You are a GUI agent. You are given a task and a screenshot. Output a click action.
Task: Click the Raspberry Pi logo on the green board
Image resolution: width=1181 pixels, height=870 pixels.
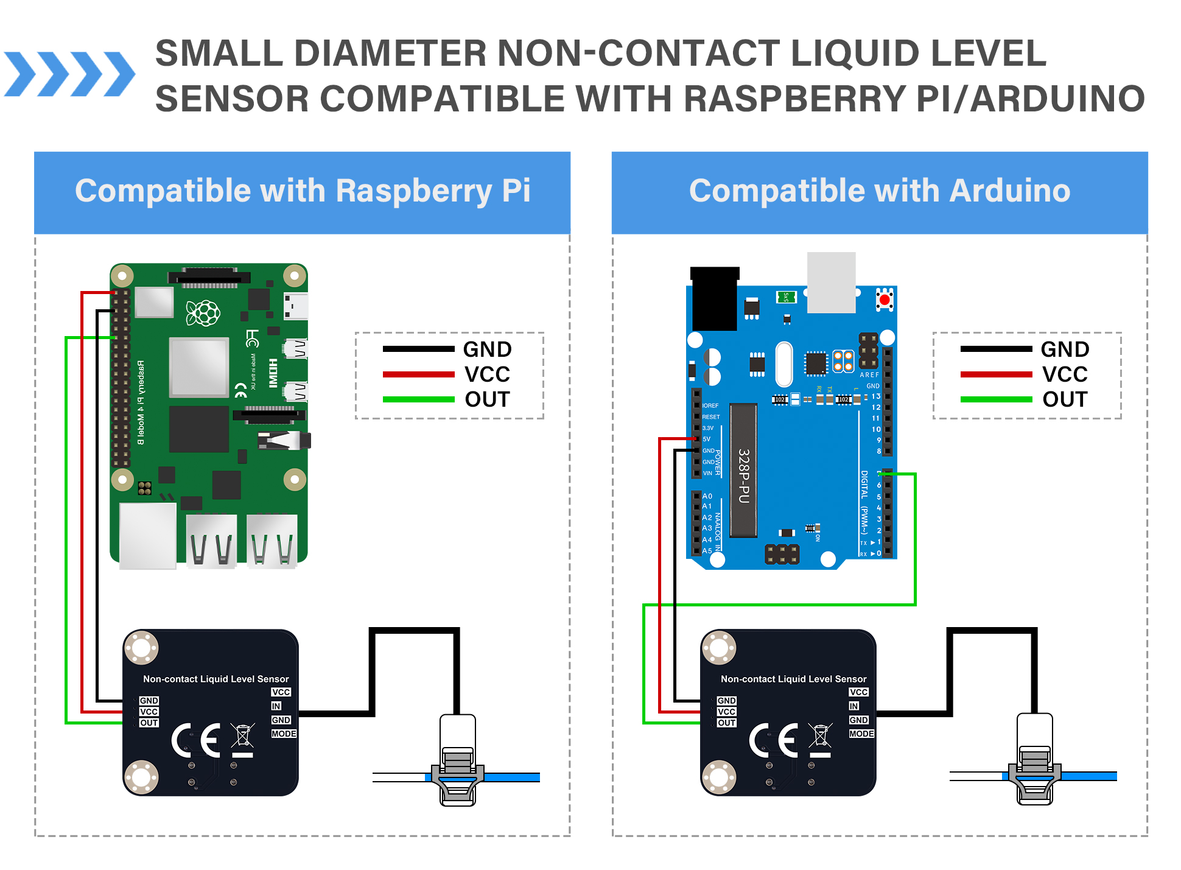tap(203, 313)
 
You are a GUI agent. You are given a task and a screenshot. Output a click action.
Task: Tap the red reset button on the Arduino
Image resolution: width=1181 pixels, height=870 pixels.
tap(885, 300)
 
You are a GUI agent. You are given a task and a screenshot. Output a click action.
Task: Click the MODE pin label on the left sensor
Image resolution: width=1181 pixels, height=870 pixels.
tap(284, 734)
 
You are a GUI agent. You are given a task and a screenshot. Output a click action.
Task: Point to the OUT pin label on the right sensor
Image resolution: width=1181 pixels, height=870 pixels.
tap(726, 723)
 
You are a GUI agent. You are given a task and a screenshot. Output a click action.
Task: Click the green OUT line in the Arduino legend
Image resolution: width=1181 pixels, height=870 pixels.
tap(996, 399)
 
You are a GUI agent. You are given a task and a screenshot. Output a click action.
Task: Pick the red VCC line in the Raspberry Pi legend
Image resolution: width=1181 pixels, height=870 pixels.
tap(418, 374)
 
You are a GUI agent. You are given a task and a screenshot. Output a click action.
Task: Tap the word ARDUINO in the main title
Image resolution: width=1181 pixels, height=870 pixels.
tap(1057, 99)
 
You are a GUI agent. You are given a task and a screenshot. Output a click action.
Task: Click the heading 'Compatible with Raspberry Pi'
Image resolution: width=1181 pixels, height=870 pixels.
tap(303, 191)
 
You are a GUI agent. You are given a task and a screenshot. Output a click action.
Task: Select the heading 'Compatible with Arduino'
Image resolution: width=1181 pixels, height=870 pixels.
tap(880, 191)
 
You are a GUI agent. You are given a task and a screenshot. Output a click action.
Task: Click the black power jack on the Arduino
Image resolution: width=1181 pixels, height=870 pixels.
tap(715, 298)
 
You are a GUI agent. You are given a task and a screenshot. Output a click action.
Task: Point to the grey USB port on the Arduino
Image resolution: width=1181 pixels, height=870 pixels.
tap(831, 282)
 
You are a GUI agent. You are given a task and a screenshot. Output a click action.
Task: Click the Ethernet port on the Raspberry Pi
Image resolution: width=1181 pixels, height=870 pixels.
tap(148, 536)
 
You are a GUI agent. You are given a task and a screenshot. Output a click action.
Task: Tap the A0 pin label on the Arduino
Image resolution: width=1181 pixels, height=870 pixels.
tap(707, 496)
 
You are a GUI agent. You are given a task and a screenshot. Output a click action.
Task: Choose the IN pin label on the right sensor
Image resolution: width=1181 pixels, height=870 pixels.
tap(853, 706)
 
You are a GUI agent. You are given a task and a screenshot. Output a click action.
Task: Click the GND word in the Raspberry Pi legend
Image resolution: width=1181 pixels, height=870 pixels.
tap(487, 349)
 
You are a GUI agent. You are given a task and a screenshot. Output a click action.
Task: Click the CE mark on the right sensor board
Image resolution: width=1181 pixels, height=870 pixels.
tap(773, 740)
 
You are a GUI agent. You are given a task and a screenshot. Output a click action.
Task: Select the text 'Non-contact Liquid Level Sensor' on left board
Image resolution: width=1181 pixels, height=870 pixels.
tap(216, 679)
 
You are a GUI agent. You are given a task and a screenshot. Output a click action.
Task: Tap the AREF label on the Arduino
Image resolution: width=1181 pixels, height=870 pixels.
tap(869, 375)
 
